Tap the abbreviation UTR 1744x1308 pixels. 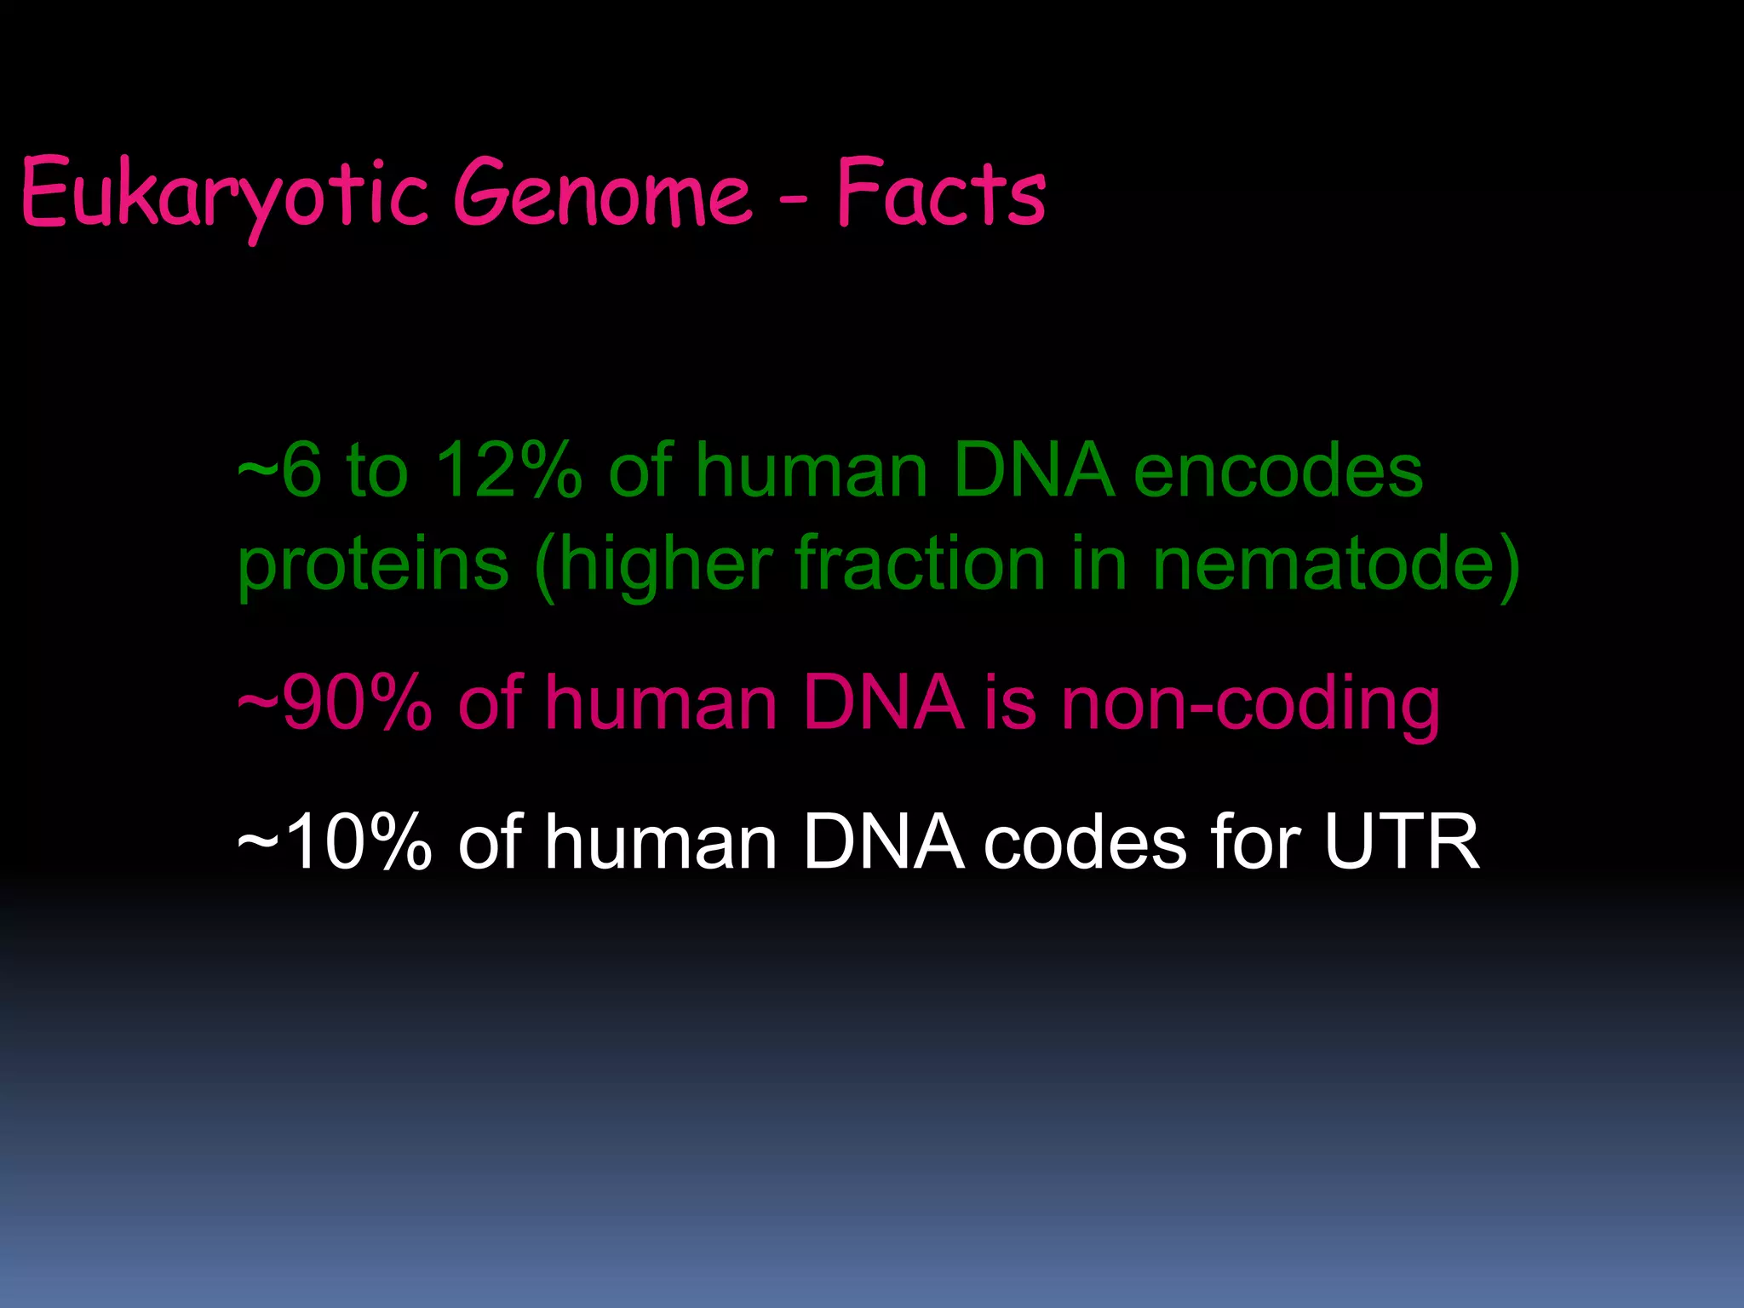(x=1402, y=842)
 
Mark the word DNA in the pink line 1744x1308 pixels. (x=883, y=703)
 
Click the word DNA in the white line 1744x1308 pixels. (x=883, y=842)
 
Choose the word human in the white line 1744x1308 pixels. (x=661, y=842)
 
